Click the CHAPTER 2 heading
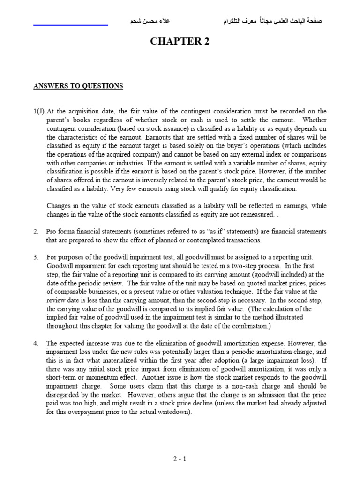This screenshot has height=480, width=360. click(180, 42)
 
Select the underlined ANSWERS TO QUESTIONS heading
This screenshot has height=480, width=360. click(78, 86)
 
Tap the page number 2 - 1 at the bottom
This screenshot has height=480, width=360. click(180, 459)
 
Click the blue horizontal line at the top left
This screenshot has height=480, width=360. click(71, 24)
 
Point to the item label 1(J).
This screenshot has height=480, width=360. click(39, 111)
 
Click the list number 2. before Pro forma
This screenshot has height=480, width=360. click(36, 232)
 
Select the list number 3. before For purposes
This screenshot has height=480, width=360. click(36, 257)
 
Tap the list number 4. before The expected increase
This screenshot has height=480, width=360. click(36, 344)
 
